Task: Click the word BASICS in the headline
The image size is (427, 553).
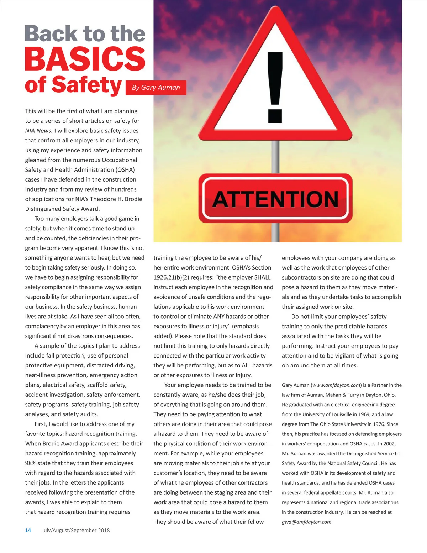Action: tap(85, 59)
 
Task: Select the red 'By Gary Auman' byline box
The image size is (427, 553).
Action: tap(156, 87)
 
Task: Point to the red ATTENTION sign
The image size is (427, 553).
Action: tap(275, 198)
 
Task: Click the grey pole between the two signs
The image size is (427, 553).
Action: tap(275, 157)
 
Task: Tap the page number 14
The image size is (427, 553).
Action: tap(28, 530)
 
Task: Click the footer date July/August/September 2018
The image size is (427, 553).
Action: tap(76, 530)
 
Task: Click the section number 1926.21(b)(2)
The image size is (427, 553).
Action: tap(171, 277)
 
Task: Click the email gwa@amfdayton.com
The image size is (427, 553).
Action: tap(306, 522)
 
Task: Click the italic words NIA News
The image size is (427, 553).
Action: tap(39, 131)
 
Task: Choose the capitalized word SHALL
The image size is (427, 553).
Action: tap(262, 277)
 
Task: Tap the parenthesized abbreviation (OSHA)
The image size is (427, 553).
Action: tap(125, 169)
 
